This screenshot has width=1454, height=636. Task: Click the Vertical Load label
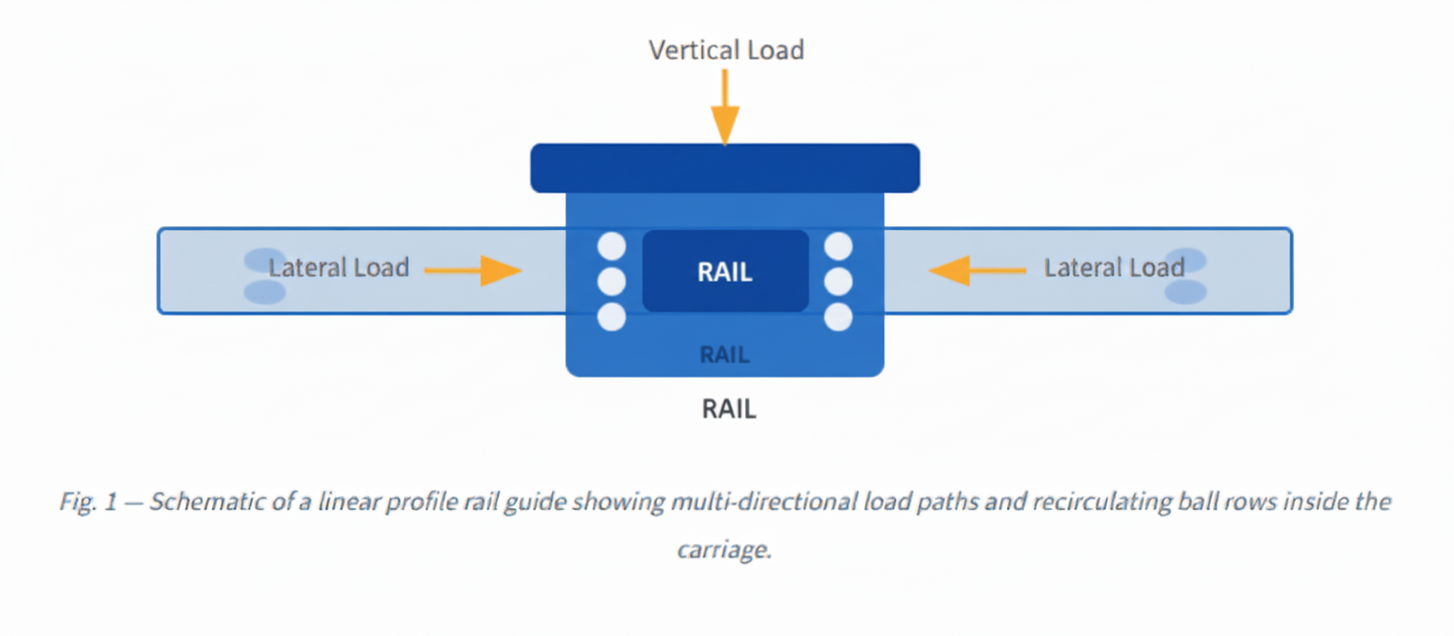click(726, 50)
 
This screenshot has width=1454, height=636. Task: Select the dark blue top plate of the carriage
click(725, 168)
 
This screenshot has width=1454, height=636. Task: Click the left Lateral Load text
click(338, 268)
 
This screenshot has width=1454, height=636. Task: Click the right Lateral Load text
click(1114, 268)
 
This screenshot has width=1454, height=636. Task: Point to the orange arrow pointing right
click(473, 271)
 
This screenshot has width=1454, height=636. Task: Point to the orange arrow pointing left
click(977, 271)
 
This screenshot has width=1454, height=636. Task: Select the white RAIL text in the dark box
click(725, 272)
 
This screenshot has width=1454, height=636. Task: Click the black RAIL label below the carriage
click(728, 409)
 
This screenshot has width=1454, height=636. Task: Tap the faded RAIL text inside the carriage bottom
click(725, 355)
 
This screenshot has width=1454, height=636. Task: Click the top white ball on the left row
click(612, 247)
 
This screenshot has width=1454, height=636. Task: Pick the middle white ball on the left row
click(612, 281)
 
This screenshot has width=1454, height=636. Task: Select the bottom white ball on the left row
click(612, 316)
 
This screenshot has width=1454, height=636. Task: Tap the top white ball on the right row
click(838, 247)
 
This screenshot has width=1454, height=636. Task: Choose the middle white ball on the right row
click(838, 281)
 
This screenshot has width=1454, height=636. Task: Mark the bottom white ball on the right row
click(838, 316)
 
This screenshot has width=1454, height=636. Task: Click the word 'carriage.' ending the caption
click(724, 550)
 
